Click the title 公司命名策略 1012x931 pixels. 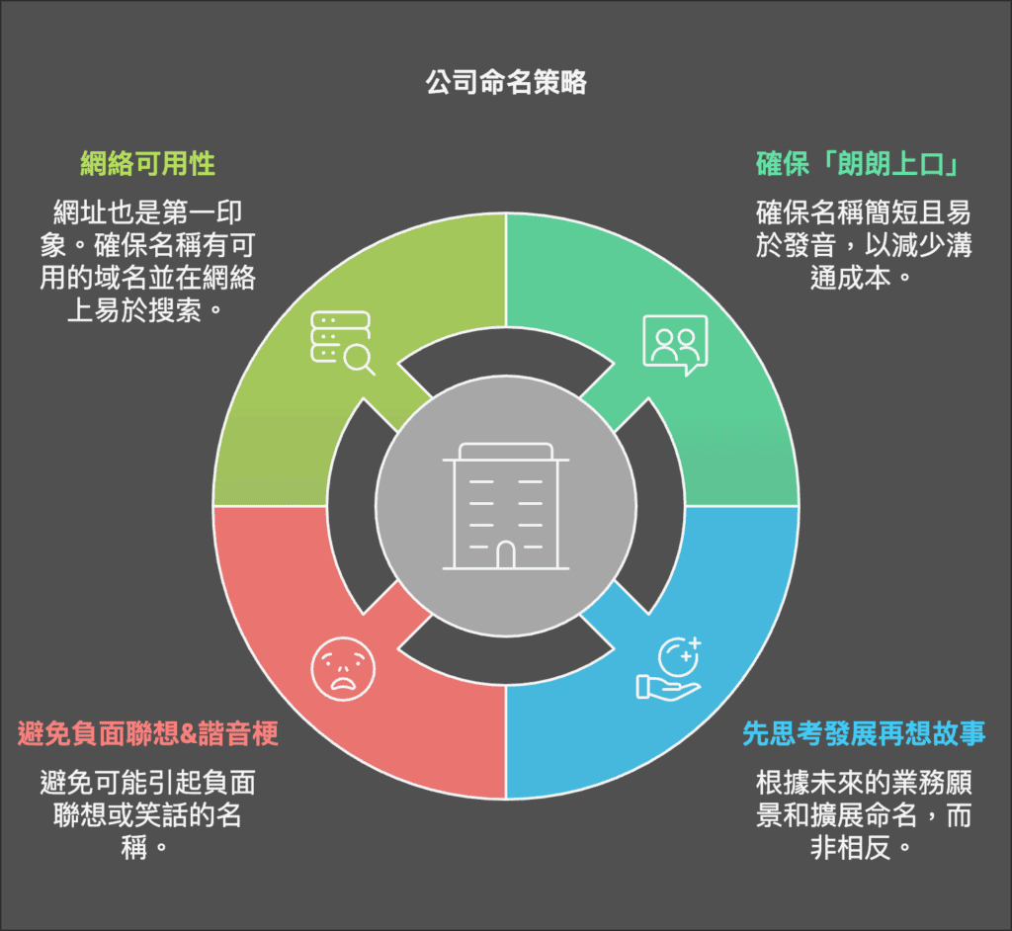point(506,83)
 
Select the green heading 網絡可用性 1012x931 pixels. point(148,163)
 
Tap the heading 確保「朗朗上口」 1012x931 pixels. point(858,163)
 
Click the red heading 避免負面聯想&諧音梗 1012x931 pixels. point(148,733)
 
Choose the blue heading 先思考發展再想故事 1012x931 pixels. point(864,733)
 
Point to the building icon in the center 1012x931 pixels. point(506,506)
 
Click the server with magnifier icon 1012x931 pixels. point(342,343)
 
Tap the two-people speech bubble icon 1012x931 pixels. point(675,345)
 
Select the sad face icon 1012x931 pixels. point(343,669)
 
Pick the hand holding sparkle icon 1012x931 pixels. point(669,669)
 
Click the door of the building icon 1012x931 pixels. point(506,555)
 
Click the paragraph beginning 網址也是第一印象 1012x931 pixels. point(148,261)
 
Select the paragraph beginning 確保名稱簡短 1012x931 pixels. point(864,245)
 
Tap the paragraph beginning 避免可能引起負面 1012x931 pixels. point(148,814)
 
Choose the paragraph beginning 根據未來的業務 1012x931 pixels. point(864,814)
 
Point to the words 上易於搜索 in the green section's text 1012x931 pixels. point(134,310)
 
